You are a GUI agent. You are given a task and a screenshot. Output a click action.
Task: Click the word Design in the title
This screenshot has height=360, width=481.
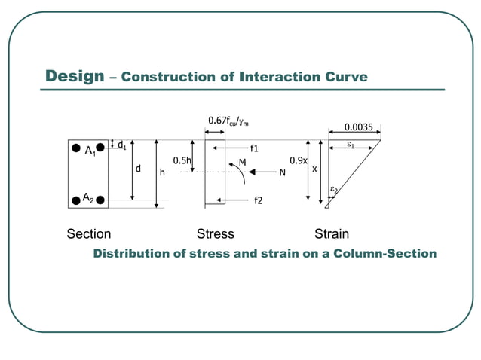pos(74,76)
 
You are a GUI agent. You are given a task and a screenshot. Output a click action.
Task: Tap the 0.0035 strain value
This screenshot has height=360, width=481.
pos(358,127)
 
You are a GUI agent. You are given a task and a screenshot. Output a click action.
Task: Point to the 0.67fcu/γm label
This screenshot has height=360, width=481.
pos(229,121)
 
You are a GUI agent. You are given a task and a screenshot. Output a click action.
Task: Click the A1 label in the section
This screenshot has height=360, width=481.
pos(90,151)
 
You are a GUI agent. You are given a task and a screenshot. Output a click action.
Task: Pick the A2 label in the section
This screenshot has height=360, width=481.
pos(88,198)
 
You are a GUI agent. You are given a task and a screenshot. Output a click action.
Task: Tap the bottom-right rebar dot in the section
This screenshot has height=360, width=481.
pos(100,200)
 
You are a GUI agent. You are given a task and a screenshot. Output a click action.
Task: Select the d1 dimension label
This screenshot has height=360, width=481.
pos(121,144)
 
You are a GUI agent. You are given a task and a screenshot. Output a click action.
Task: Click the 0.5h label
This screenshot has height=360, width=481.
pos(182,160)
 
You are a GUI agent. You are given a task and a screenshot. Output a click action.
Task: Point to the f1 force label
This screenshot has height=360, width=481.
pos(255,148)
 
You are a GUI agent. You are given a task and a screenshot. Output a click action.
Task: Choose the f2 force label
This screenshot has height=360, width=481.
pos(258,200)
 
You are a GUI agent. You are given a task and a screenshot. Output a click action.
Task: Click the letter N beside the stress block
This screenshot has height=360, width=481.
pos(282,172)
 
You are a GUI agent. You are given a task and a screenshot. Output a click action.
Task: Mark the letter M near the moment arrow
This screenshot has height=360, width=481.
pos(242,161)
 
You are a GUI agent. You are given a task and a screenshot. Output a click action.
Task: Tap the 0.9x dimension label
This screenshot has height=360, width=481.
pos(298,160)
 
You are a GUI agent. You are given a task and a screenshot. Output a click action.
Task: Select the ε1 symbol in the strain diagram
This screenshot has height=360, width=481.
pos(351,143)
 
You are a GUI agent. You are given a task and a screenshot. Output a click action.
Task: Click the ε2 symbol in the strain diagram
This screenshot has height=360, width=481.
pos(334,191)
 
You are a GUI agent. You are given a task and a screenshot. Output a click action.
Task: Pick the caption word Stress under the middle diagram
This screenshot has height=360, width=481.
pos(215,234)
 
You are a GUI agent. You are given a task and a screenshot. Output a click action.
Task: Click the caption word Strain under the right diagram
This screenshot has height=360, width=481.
pos(332,234)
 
